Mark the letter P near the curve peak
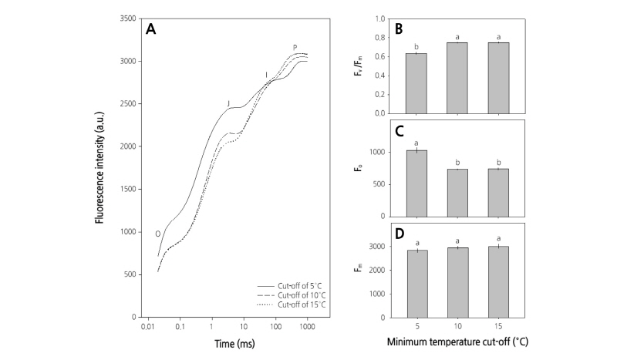(x=295, y=48)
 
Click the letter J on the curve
(x=228, y=103)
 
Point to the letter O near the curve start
(x=157, y=234)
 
